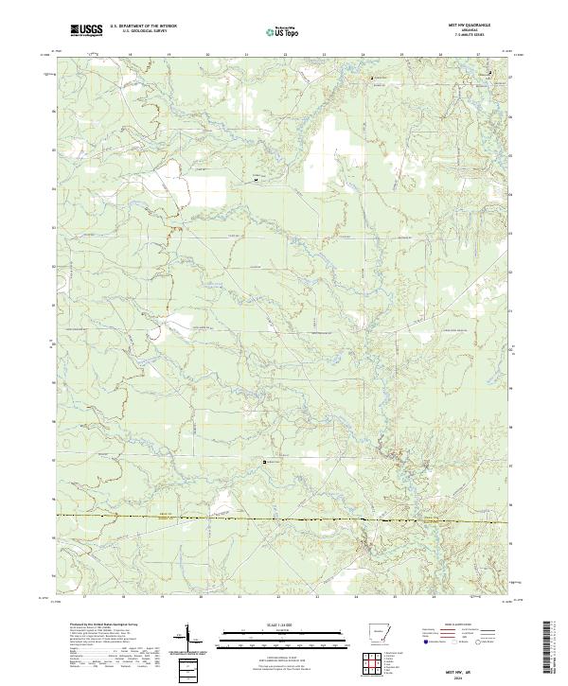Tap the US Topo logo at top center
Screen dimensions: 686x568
283,31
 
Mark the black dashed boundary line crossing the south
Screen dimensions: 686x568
284,519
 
